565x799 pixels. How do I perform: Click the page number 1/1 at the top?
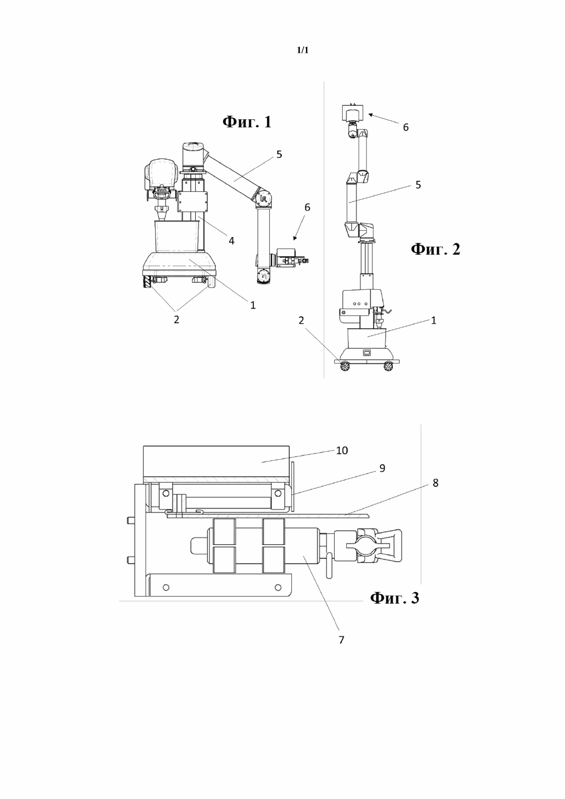coord(303,51)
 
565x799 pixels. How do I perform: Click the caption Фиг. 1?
coord(247,122)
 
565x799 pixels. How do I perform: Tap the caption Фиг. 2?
coord(436,249)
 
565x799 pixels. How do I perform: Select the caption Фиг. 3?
coord(394,598)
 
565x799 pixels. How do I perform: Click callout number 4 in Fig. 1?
coord(231,241)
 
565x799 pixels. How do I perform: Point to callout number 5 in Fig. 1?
coord(279,154)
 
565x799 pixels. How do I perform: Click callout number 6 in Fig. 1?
coord(307,207)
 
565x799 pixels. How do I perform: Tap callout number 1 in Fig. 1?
coord(253,305)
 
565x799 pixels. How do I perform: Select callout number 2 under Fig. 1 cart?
coord(177,320)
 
